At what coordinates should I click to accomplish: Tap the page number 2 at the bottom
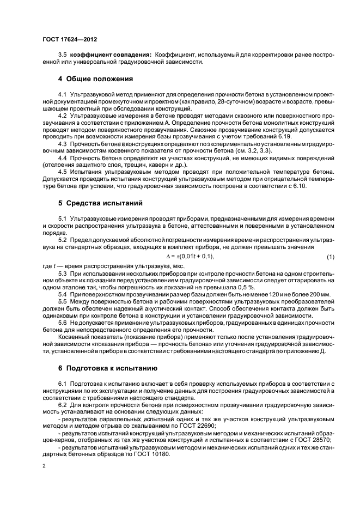[44, 466]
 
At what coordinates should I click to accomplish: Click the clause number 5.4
[62, 294]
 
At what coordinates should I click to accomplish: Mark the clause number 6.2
[62, 406]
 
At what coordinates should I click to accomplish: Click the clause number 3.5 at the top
[62, 56]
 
